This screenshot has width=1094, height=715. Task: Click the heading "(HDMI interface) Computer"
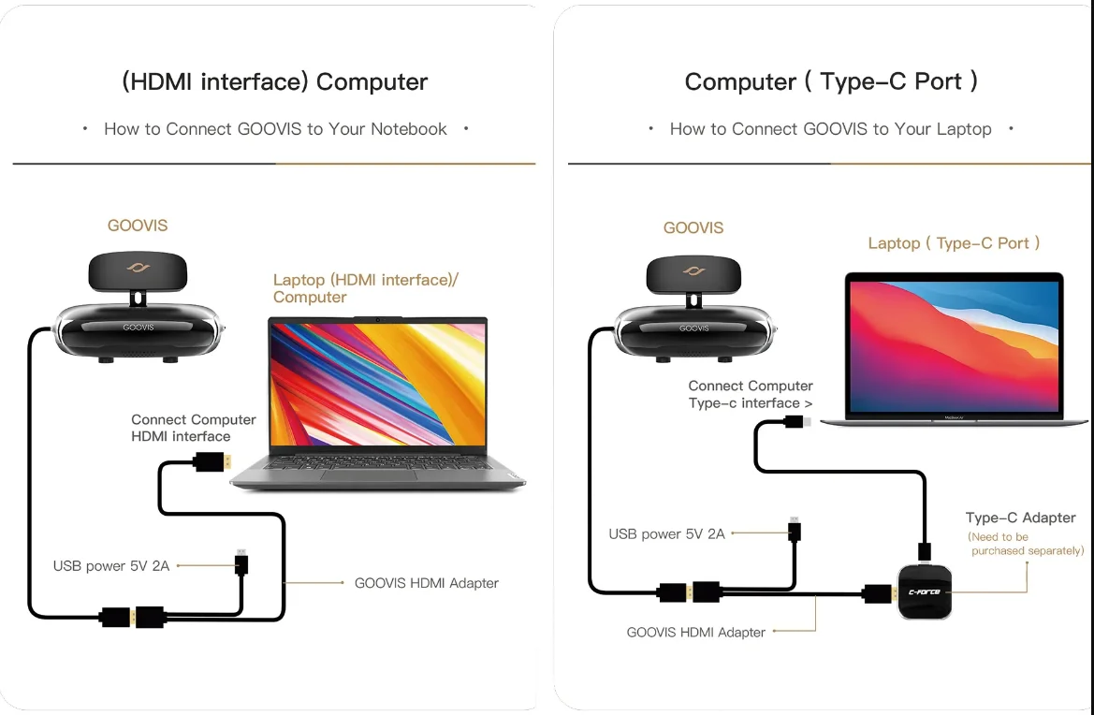tap(274, 82)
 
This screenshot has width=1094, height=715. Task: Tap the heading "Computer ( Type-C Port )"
tap(831, 82)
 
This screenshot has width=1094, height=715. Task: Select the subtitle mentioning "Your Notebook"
tap(275, 129)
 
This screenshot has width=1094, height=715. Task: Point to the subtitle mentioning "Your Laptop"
tap(830, 129)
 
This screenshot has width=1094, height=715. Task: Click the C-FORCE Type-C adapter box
tap(925, 591)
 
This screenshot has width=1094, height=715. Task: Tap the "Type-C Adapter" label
tap(1020, 518)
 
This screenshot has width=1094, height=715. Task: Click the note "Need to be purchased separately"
tap(1025, 544)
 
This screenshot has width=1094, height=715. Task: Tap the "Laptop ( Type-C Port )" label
tap(954, 243)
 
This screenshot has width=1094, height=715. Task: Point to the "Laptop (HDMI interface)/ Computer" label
tap(365, 288)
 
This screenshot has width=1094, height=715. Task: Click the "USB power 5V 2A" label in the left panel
tap(111, 566)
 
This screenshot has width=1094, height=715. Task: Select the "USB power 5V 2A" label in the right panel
tap(666, 534)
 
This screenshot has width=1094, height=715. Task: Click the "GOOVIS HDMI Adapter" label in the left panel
tap(426, 583)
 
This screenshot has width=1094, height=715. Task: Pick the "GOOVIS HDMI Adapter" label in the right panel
tap(695, 633)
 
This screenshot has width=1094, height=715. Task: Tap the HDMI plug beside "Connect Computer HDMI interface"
tap(212, 461)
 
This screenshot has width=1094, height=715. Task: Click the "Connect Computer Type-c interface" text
tap(750, 394)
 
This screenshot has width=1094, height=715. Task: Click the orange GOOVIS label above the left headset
tap(138, 226)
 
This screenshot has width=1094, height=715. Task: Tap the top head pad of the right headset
tap(693, 272)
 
